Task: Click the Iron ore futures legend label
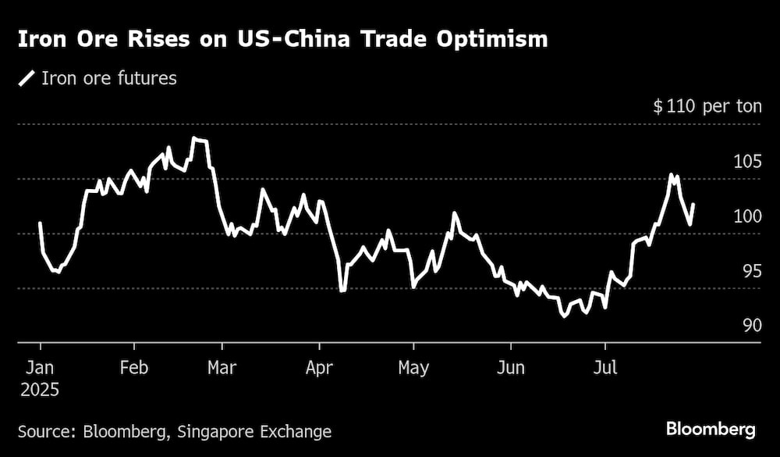(109, 78)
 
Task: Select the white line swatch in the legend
(27, 78)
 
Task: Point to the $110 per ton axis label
(707, 106)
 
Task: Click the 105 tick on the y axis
(746, 162)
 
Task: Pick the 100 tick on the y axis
(746, 216)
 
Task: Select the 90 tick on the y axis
(750, 326)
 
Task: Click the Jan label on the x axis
(40, 366)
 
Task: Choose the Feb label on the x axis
(134, 366)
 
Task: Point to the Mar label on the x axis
(222, 366)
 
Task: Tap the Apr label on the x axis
(319, 366)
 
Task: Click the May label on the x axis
(413, 366)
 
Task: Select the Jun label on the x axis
(511, 366)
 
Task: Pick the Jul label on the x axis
(604, 366)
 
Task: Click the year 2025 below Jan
(40, 388)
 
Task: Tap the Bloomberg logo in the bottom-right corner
(710, 429)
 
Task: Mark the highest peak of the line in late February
(195, 138)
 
